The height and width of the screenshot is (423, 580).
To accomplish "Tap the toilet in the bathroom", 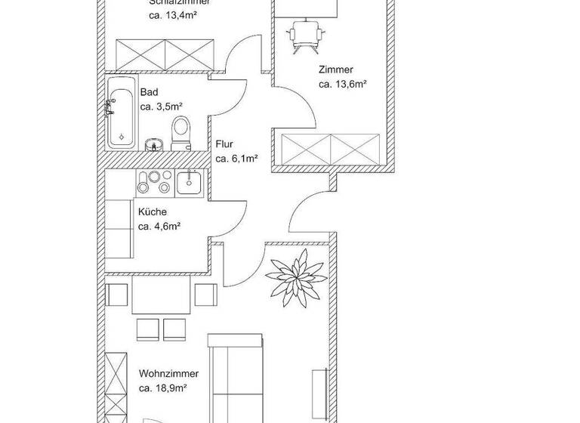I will (x=180, y=133).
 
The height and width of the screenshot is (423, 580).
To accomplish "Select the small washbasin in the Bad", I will (x=154, y=144).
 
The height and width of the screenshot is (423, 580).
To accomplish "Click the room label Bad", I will (x=149, y=92).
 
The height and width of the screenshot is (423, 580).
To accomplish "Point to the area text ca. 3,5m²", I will (x=162, y=107).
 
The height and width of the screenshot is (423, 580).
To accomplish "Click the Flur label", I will (x=224, y=144).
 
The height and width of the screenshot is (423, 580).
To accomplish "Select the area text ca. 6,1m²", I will (x=236, y=159).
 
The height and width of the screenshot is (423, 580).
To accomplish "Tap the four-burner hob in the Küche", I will (x=154, y=181).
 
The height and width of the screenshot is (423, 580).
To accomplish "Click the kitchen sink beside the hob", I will (x=189, y=181).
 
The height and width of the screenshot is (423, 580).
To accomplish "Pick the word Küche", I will (x=152, y=211).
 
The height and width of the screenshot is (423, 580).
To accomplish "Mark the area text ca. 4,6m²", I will (x=159, y=226).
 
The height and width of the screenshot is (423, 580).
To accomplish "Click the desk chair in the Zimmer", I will (x=306, y=34).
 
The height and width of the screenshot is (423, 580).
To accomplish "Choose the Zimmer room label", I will (x=335, y=69).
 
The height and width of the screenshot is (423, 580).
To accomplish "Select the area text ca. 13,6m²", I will (x=342, y=84).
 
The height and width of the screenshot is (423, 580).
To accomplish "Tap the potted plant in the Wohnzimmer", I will (x=297, y=277).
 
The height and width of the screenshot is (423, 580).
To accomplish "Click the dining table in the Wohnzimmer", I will (x=160, y=295).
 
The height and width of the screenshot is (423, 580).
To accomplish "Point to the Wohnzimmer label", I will (x=168, y=374).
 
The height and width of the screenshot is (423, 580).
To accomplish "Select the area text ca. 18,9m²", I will (x=162, y=388).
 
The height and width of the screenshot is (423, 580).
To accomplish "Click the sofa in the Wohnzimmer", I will (x=236, y=378).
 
